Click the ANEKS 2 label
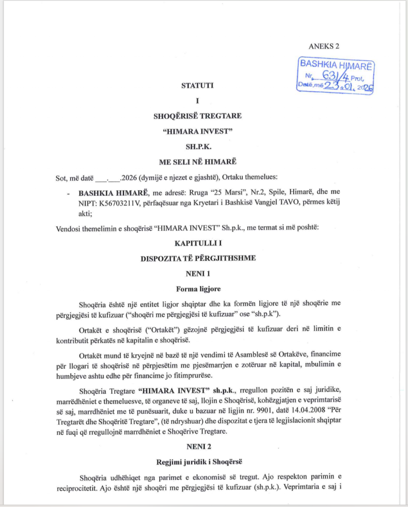(x=324, y=47)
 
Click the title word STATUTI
(x=197, y=85)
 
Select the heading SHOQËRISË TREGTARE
(x=197, y=117)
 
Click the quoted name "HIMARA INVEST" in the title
(x=197, y=132)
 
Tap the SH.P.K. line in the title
(x=197, y=147)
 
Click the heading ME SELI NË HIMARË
(x=197, y=162)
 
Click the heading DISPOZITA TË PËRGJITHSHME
(x=197, y=258)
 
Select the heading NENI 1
(x=197, y=273)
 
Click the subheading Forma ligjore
(x=197, y=288)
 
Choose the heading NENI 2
(x=197, y=446)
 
